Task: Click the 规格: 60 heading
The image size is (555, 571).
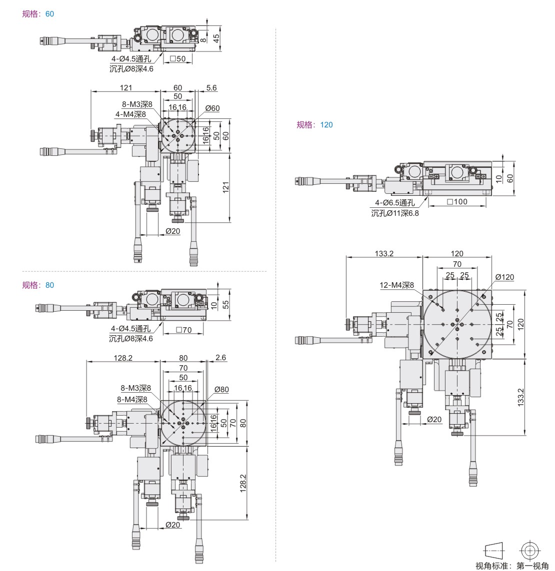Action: click(x=38, y=14)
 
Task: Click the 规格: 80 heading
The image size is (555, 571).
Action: click(x=38, y=285)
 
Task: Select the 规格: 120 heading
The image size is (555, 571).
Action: click(x=314, y=125)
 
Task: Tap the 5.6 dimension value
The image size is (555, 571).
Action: click(x=211, y=88)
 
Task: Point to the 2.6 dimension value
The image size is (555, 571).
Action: click(x=221, y=358)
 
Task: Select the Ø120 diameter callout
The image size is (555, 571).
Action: click(x=504, y=277)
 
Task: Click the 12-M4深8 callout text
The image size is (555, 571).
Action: click(x=397, y=285)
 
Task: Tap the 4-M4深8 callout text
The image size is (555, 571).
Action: click(x=130, y=114)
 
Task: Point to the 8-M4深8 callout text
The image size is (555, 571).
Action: click(x=131, y=400)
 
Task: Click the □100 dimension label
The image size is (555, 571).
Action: click(x=456, y=202)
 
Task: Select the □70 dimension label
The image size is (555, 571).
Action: click(x=184, y=330)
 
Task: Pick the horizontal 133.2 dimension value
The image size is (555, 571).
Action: click(x=384, y=253)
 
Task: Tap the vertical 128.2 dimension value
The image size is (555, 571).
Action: click(x=243, y=483)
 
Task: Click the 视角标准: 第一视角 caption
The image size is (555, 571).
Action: click(x=511, y=566)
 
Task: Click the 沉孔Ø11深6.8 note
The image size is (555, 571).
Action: click(x=395, y=213)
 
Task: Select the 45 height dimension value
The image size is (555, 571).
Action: click(x=216, y=39)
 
